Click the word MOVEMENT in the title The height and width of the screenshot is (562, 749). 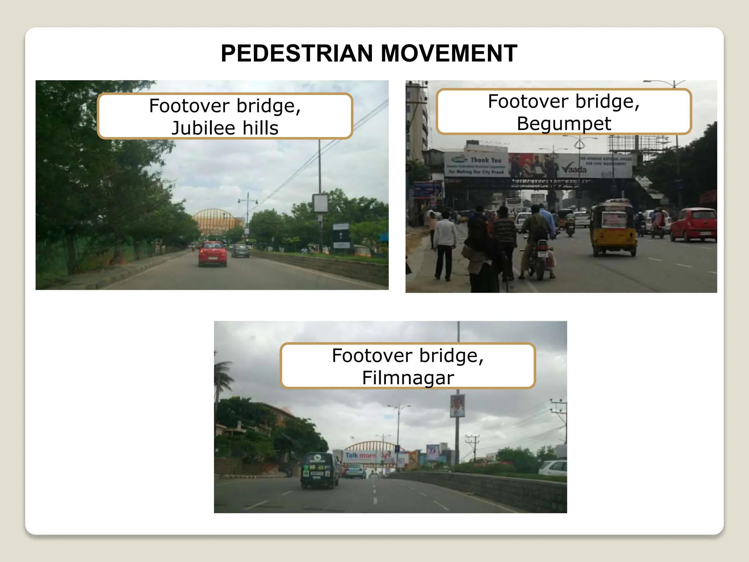pos(449,53)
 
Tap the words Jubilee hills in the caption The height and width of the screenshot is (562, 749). pos(225,128)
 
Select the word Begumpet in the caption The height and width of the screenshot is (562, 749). pos(564,124)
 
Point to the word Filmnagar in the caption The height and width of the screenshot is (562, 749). pos(408,378)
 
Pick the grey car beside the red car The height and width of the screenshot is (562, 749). pos(240,251)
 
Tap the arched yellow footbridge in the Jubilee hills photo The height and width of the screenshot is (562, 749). pos(218,221)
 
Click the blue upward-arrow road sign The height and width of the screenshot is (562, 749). pos(341,236)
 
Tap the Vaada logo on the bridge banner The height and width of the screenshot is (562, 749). pos(574,169)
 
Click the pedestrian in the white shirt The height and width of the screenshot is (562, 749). pos(445,245)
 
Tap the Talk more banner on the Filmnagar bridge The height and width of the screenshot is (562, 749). pos(361,456)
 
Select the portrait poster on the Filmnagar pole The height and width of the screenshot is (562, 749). pos(457,406)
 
